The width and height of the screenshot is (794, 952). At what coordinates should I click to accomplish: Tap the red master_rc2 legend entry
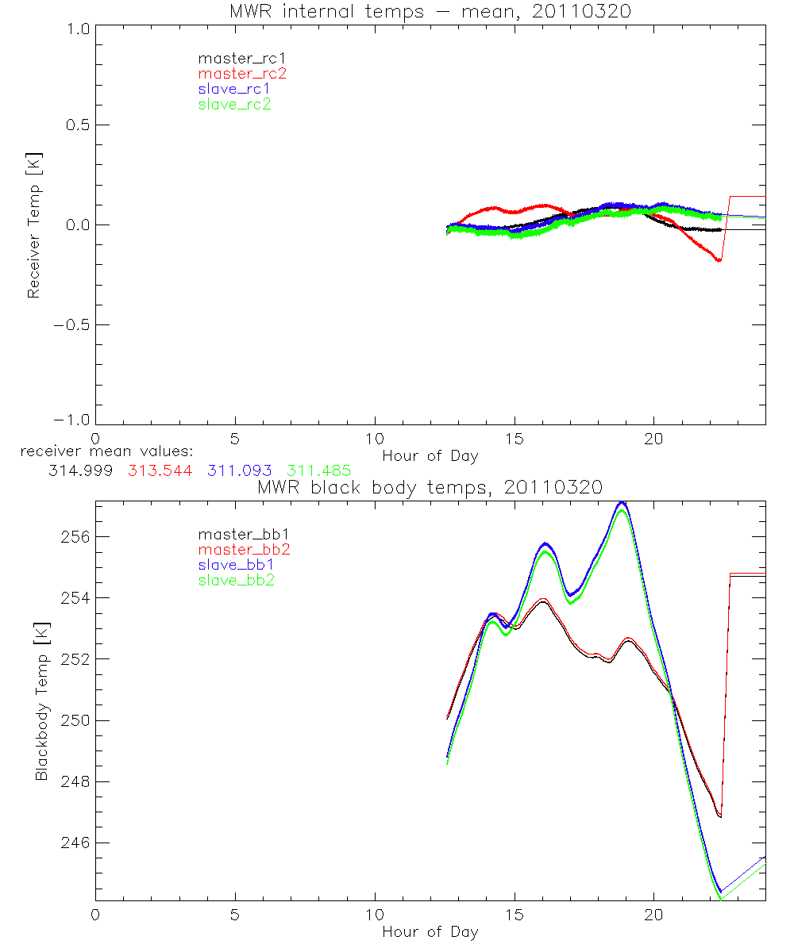click(241, 74)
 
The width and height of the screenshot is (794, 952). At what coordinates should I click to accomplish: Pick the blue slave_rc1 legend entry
click(234, 89)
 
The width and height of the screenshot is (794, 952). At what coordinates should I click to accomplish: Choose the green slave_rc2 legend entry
click(234, 104)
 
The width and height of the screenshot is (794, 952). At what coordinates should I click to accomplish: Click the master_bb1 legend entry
click(237, 534)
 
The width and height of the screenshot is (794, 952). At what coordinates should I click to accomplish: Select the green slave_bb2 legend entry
click(237, 581)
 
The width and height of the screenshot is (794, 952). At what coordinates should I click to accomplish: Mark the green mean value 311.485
click(319, 470)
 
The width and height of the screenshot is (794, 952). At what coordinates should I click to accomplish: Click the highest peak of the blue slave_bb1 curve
click(623, 502)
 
